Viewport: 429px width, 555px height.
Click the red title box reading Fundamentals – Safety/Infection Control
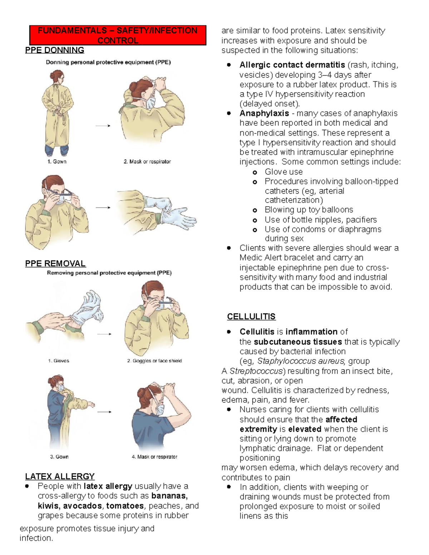pyautogui.click(x=118, y=35)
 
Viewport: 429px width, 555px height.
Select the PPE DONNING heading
pyautogui.click(x=54, y=50)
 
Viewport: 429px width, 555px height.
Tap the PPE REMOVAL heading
pyautogui.click(x=55, y=264)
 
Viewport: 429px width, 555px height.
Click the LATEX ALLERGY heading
pyautogui.click(x=60, y=476)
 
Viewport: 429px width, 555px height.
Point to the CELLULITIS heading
pyautogui.click(x=251, y=317)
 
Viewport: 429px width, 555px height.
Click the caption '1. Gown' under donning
pyautogui.click(x=57, y=162)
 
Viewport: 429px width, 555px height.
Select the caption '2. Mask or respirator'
pyautogui.click(x=147, y=162)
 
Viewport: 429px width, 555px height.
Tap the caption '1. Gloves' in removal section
pyautogui.click(x=58, y=361)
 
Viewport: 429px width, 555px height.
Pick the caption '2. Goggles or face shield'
pyautogui.click(x=154, y=361)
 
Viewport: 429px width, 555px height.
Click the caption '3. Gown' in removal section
pyautogui.click(x=59, y=457)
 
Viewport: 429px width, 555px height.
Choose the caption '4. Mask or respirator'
pyautogui.click(x=154, y=457)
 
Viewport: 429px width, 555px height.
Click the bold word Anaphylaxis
pyautogui.click(x=264, y=113)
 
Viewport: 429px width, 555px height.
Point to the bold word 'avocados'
pyautogui.click(x=82, y=506)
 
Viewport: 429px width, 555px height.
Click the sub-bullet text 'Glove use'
pyautogui.click(x=283, y=172)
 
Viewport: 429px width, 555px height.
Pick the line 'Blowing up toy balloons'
pyautogui.click(x=309, y=210)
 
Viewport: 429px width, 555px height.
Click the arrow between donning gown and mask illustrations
pyautogui.click(x=103, y=126)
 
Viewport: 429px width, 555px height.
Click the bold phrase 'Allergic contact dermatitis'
pyautogui.click(x=292, y=65)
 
